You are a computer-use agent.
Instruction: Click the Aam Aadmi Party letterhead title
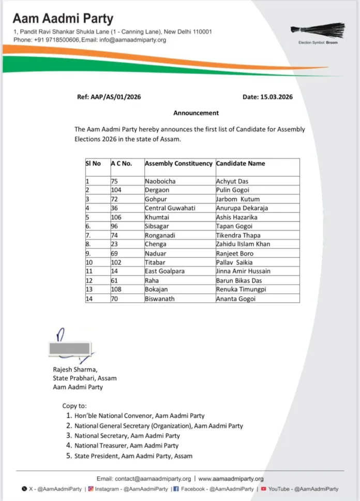(63, 19)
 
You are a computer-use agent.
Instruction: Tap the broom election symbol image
(317, 30)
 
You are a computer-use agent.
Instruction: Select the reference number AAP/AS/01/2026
(109, 97)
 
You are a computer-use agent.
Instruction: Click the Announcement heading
(196, 113)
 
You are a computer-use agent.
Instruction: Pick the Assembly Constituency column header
(178, 164)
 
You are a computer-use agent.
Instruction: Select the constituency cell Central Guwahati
(170, 208)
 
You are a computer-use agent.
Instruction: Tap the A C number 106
(116, 217)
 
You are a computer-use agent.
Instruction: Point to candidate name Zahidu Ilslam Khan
(243, 244)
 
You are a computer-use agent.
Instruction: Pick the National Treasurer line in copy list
(126, 445)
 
